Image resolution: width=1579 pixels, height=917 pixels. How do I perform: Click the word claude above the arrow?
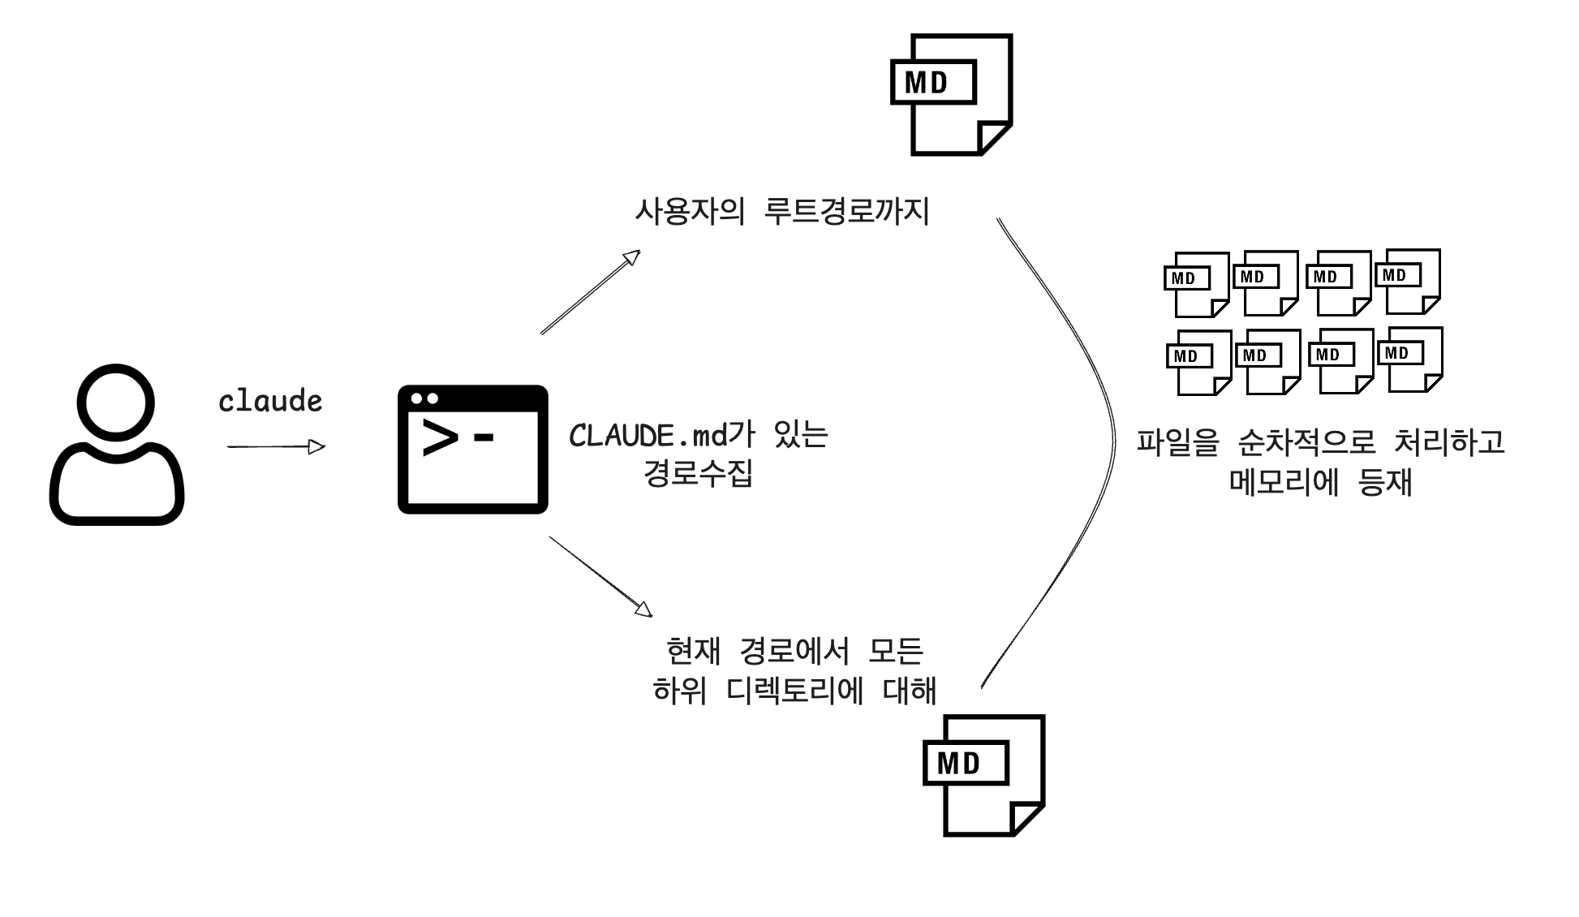[270, 401]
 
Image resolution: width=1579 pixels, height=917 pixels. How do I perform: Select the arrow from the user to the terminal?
[276, 446]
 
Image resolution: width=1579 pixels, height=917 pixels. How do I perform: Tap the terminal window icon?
[472, 449]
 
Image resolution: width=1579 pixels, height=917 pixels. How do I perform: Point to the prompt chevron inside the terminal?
[439, 438]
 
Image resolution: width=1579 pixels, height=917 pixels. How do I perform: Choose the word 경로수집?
[698, 473]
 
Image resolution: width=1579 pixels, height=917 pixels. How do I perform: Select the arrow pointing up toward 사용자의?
[591, 291]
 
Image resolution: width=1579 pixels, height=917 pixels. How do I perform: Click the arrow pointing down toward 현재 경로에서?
[600, 575]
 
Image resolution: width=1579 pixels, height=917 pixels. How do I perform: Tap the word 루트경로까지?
[847, 212]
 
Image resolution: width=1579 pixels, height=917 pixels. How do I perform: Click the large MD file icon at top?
[951, 94]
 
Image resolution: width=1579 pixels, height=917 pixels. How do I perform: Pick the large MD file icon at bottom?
[983, 775]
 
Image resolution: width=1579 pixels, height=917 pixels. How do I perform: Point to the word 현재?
[693, 651]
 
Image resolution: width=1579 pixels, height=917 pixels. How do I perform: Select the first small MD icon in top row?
[1196, 284]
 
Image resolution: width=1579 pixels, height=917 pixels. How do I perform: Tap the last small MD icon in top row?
[1408, 281]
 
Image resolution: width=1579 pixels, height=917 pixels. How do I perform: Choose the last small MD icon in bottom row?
[1410, 359]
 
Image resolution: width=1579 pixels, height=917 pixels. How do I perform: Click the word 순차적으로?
[1306, 442]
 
